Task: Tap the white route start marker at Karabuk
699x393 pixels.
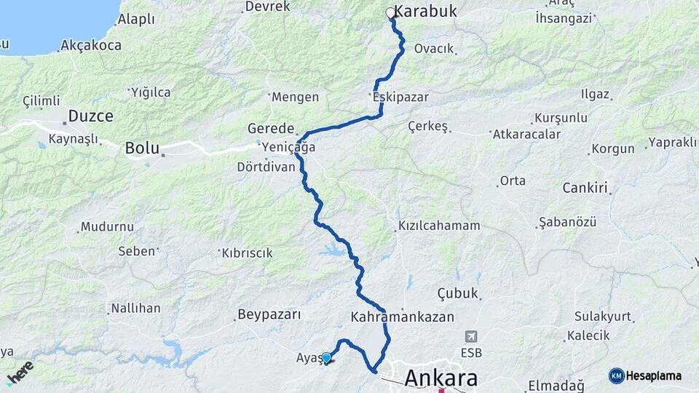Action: tap(390, 13)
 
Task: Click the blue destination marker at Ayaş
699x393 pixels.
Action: tap(327, 357)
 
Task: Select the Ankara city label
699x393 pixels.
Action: tap(441, 378)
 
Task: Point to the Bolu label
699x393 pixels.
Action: tap(142, 148)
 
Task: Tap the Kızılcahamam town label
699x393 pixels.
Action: tap(439, 226)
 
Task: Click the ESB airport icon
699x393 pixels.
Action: tap(471, 336)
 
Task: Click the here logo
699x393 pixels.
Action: tap(20, 372)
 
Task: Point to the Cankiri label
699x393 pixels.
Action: tap(585, 188)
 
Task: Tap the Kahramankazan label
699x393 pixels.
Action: tap(402, 317)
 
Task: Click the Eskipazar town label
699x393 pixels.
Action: tap(400, 97)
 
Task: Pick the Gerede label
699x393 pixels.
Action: tap(270, 128)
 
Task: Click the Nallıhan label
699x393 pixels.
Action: tap(135, 309)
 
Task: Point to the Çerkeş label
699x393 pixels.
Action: tap(427, 126)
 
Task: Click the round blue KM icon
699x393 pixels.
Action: tap(616, 376)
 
